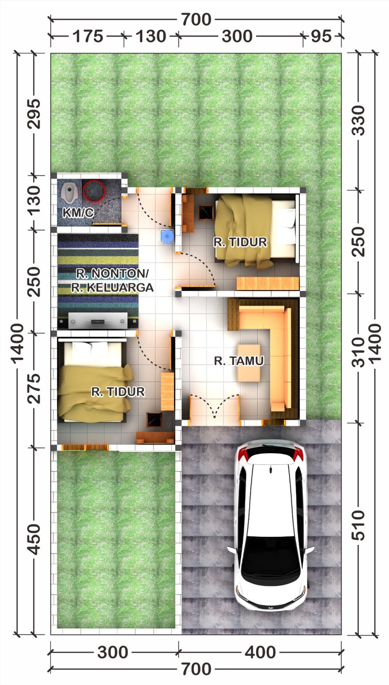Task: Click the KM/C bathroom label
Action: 78,212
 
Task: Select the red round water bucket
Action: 94,190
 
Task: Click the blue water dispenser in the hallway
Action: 167,236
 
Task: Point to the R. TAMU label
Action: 239,360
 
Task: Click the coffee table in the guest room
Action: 249,362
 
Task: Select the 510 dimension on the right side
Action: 358,525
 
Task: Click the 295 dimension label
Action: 34,114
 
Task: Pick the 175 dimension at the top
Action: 88,36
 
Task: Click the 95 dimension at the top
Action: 321,36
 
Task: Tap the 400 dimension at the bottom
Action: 260,652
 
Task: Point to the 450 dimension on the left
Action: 34,539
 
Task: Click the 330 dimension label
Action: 358,121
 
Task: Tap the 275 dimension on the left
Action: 34,388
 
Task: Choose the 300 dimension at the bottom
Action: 113,652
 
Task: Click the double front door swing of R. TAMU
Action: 215,407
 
